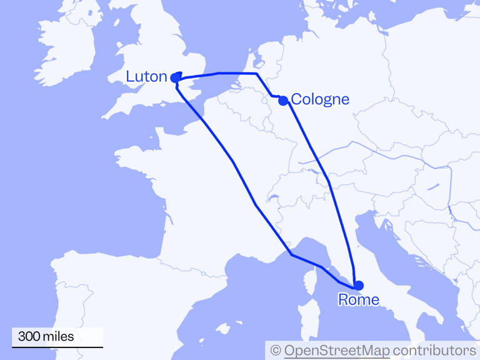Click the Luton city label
click(x=146, y=77)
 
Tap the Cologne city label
click(x=320, y=99)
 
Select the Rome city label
click(x=358, y=300)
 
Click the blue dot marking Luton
click(x=176, y=77)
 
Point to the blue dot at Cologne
click(x=283, y=100)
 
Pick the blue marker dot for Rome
click(x=358, y=286)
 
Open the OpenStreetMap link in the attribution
click(x=337, y=350)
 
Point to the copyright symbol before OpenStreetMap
click(x=276, y=350)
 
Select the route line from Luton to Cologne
click(x=219, y=73)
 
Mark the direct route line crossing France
click(x=232, y=161)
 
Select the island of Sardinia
click(x=304, y=325)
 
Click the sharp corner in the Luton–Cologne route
click(x=256, y=74)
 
